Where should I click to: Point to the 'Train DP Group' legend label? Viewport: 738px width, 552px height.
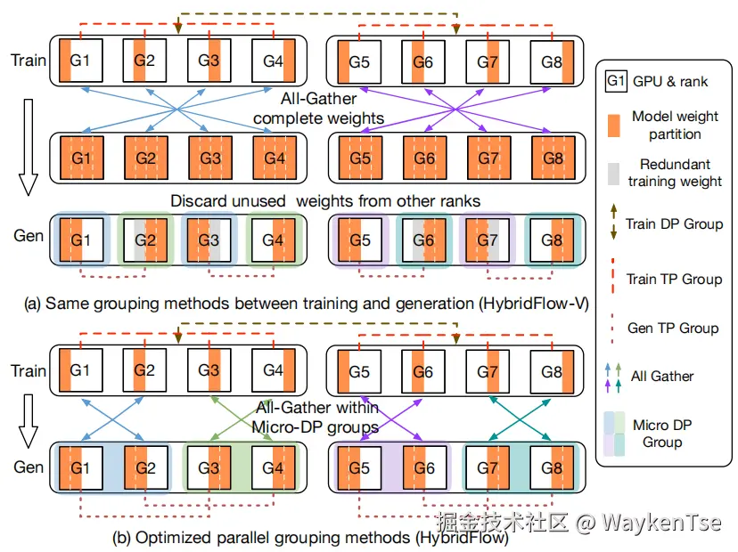pyautogui.click(x=674, y=224)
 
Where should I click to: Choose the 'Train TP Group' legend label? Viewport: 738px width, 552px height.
pyautogui.click(x=674, y=279)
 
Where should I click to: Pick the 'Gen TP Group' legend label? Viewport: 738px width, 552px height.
pyautogui.click(x=674, y=328)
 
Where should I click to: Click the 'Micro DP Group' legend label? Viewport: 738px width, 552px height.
pyautogui.click(x=662, y=434)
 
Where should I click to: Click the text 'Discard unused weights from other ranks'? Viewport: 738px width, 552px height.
pyautogui.click(x=325, y=201)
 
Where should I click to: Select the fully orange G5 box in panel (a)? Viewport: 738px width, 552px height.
pyautogui.click(x=359, y=158)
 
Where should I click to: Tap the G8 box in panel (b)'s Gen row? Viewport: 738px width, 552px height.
pyautogui.click(x=552, y=466)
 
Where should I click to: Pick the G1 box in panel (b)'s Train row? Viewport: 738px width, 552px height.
pyautogui.click(x=81, y=370)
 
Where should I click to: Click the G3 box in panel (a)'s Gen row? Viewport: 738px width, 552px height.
pyautogui.click(x=208, y=239)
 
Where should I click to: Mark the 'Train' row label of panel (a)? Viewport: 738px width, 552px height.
pyautogui.click(x=29, y=61)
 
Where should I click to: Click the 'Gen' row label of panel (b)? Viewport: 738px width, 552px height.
pyautogui.click(x=29, y=467)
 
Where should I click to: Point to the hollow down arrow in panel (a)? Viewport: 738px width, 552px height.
pyautogui.click(x=28, y=147)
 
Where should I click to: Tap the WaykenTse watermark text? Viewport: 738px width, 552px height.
pyautogui.click(x=660, y=522)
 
